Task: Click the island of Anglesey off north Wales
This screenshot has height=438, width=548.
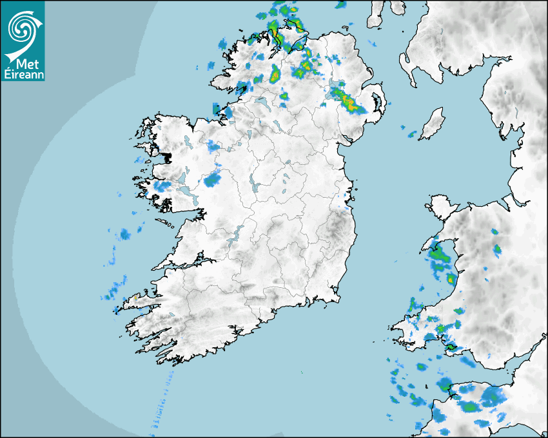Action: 441,207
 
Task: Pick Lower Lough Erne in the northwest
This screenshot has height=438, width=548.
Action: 263,101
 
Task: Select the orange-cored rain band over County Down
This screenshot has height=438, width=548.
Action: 347,100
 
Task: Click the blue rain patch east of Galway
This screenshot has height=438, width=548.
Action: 211,180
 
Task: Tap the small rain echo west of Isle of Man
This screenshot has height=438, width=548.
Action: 411,134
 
